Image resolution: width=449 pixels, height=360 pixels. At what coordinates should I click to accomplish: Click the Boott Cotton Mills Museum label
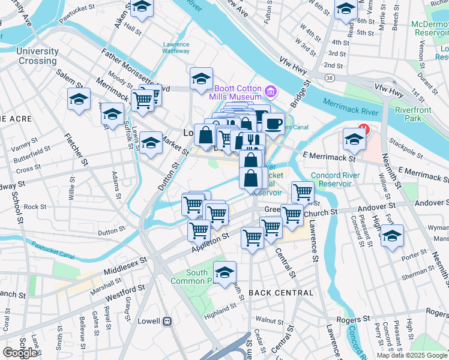tap(236, 92)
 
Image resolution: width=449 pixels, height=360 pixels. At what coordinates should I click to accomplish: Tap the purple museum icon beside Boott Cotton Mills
tap(271, 92)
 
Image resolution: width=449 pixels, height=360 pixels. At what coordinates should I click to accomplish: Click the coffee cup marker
tap(273, 124)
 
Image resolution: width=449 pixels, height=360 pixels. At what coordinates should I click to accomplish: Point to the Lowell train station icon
tap(167, 321)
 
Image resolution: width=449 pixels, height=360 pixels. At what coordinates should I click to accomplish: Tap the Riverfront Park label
tap(413, 114)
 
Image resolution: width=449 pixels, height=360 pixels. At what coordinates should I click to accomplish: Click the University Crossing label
tap(38, 56)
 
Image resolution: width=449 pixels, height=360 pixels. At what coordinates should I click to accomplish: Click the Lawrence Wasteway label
tap(176, 48)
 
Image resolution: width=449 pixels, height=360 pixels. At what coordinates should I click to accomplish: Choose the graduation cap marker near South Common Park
tap(225, 273)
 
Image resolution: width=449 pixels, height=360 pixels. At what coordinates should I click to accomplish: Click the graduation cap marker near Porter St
tap(393, 236)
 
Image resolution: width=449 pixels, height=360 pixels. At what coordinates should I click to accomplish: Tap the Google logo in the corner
tap(20, 353)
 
